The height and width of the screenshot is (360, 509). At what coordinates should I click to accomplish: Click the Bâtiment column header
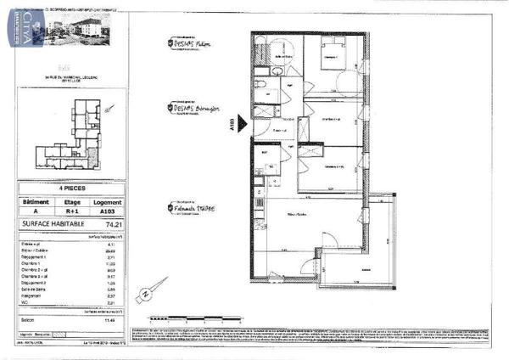pyautogui.click(x=35, y=202)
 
